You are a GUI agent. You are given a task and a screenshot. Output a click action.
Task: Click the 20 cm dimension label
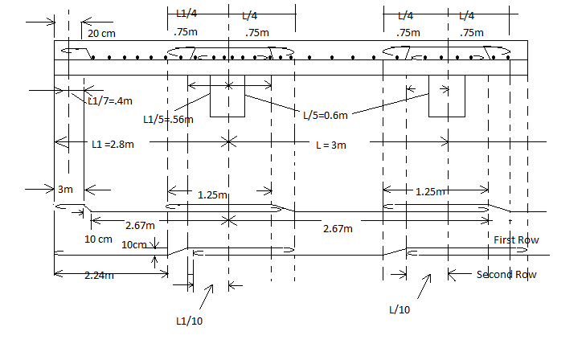101,34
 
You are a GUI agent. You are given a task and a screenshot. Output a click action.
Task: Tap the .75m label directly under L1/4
185,33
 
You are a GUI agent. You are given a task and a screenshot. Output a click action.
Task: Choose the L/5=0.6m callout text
325,116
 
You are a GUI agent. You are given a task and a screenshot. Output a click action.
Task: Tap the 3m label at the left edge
65,190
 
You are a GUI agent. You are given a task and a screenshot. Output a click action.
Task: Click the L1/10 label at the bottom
188,320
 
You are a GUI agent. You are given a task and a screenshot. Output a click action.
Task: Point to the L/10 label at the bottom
400,309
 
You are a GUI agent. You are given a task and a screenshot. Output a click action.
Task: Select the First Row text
516,239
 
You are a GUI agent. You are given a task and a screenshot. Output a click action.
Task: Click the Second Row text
506,274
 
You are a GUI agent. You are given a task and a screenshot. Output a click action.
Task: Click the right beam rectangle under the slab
446,97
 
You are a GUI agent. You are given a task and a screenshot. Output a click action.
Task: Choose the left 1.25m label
212,194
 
